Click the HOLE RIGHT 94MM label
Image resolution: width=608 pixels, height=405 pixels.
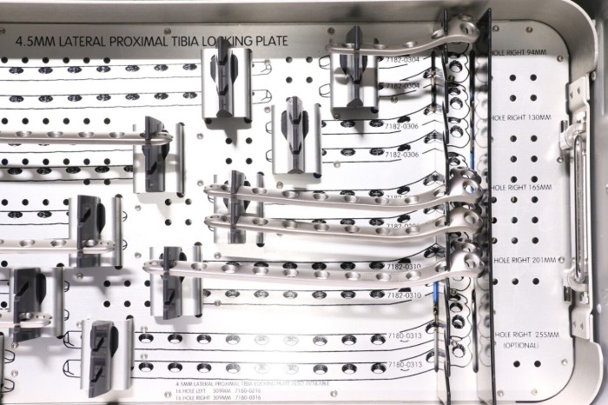pos(519,53)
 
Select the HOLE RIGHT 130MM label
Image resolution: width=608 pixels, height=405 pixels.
pos(521,116)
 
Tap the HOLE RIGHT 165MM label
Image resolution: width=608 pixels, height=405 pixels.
pos(521,188)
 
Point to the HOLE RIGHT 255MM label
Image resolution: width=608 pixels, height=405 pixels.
pos(521,335)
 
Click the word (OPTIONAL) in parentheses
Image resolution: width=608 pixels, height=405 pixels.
pos(521,346)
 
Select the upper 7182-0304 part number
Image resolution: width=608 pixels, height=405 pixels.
pos(400,59)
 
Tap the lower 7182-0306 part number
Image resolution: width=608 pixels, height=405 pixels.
pos(400,155)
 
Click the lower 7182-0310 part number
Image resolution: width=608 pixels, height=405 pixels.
pos(400,296)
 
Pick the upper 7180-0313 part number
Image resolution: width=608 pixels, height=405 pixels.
pos(404,335)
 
